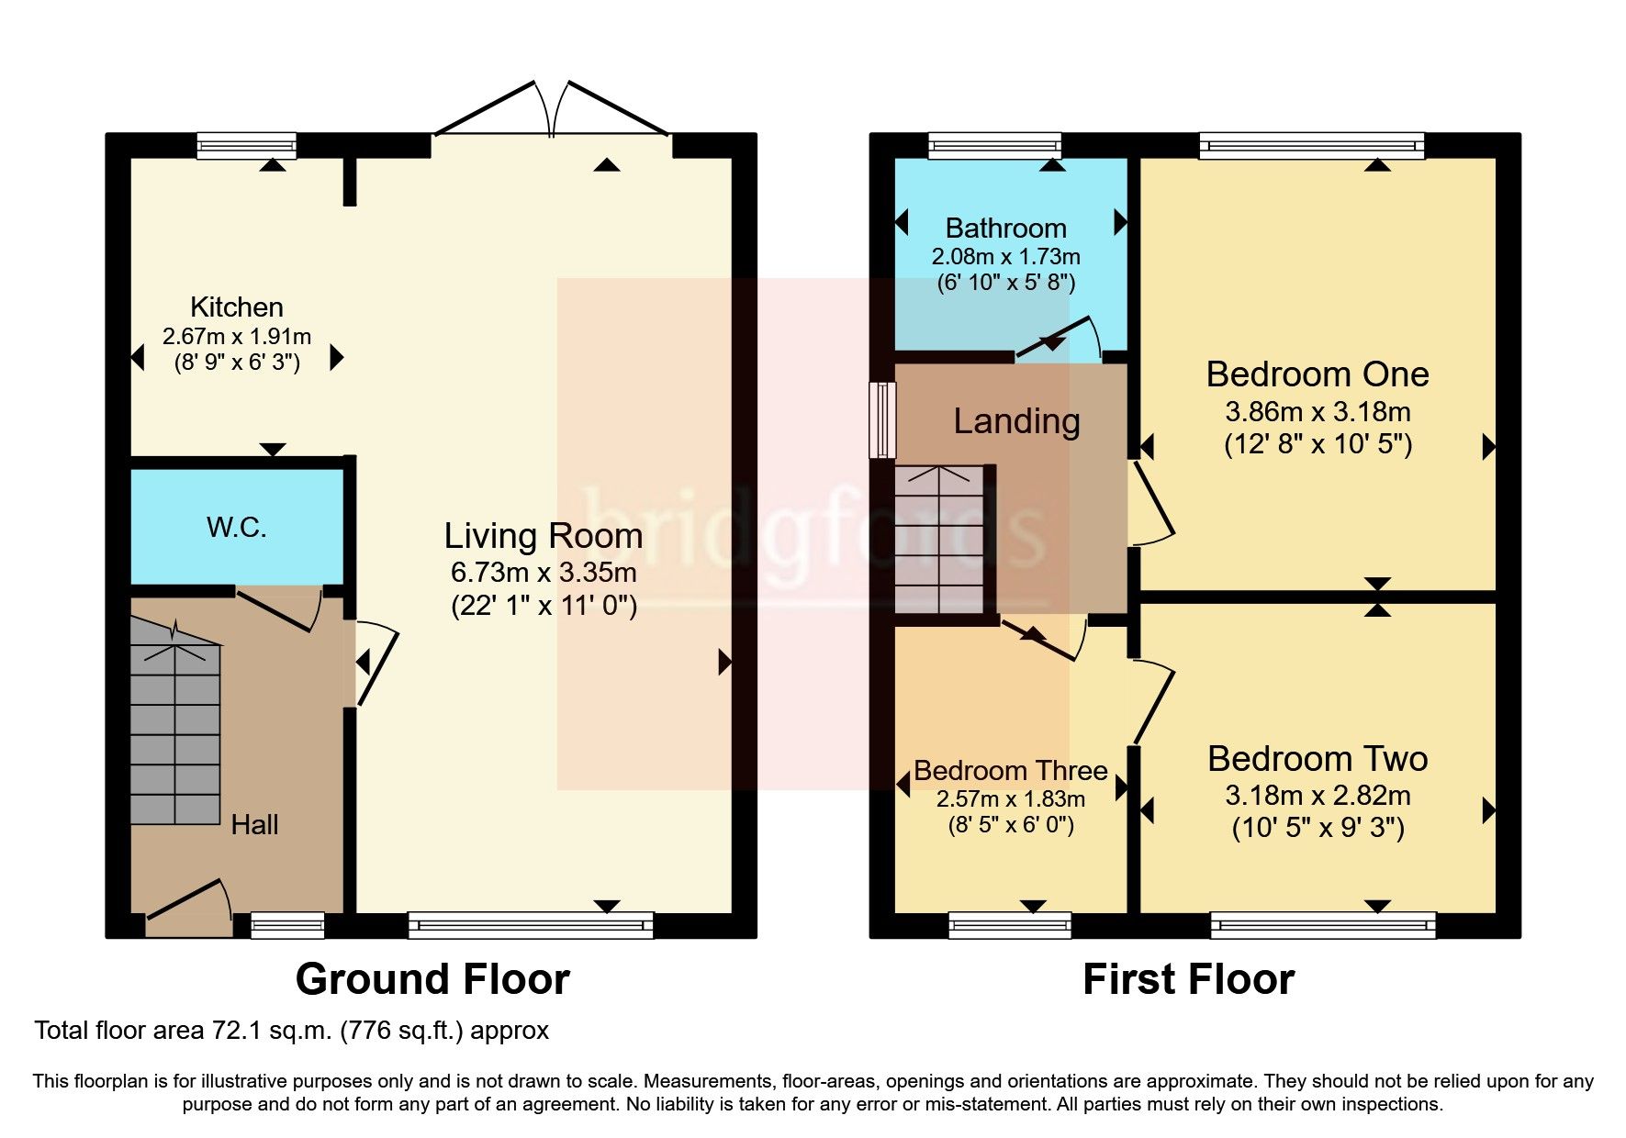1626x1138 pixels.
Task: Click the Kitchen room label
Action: [x=236, y=307]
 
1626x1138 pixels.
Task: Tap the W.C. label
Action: [x=236, y=528]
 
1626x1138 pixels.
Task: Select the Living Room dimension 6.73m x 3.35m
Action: [x=544, y=573]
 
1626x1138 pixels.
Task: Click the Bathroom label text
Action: [x=1005, y=228]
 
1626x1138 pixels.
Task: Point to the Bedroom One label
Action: [x=1317, y=374]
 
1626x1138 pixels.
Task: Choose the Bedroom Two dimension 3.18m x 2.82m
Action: [x=1318, y=796]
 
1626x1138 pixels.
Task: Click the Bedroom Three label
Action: [x=1010, y=771]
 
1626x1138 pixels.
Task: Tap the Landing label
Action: [x=1016, y=421]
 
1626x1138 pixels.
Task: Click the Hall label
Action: [x=254, y=824]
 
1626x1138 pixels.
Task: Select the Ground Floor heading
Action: [x=432, y=979]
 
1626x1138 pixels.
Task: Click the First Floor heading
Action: [x=1188, y=979]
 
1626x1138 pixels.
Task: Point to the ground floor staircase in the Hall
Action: [x=174, y=725]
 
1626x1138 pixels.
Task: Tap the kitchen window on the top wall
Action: [x=247, y=145]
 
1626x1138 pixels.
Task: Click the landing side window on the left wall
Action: [x=883, y=419]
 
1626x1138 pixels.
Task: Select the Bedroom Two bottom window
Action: [x=1322, y=924]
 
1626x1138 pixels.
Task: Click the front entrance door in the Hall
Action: [x=188, y=903]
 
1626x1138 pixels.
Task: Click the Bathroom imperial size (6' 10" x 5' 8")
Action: [x=1005, y=283]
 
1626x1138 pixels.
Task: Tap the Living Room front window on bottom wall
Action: [x=531, y=924]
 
